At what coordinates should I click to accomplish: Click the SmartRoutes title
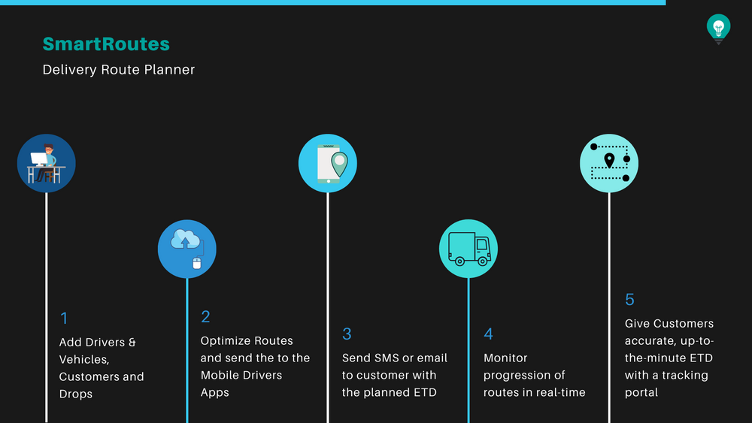pos(106,44)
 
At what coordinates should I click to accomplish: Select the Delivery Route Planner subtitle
pos(119,70)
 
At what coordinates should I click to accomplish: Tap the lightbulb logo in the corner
pos(718,28)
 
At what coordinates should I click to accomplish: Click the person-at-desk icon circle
pos(47,163)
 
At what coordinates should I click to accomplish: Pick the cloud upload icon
pos(186,249)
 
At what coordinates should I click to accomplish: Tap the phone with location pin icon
pos(327,163)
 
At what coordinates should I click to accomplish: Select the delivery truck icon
pos(468,249)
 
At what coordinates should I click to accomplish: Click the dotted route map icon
pos(609,163)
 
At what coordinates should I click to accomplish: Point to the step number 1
pos(64,318)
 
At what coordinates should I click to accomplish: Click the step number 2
pos(205,317)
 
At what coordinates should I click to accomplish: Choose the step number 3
pos(347,334)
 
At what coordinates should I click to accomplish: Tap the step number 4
pos(488,334)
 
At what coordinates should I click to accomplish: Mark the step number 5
pos(629,300)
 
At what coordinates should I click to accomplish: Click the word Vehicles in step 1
pos(83,360)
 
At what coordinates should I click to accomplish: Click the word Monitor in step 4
pos(505,358)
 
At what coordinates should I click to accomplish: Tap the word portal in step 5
pos(641,392)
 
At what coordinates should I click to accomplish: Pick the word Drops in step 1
pos(76,394)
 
